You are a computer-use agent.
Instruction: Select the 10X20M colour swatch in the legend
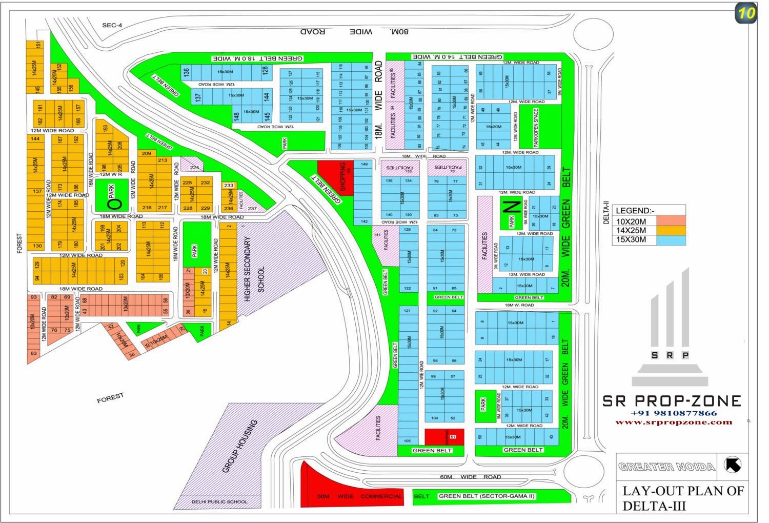[671, 221]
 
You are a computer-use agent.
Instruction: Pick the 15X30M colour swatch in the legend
[671, 240]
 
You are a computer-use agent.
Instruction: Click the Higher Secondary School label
[254, 270]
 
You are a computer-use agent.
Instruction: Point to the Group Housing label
[240, 446]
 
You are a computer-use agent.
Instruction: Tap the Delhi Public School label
[219, 501]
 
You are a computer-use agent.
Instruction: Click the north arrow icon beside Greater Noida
[733, 465]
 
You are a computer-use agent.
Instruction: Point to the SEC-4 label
[112, 25]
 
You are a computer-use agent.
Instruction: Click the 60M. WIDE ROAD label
[470, 477]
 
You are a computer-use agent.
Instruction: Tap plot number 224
[194, 167]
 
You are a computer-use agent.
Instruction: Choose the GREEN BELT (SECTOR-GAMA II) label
[487, 496]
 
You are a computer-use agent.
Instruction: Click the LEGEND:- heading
[635, 211]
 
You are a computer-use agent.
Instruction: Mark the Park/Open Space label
[536, 128]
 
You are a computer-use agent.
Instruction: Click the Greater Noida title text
[666, 467]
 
